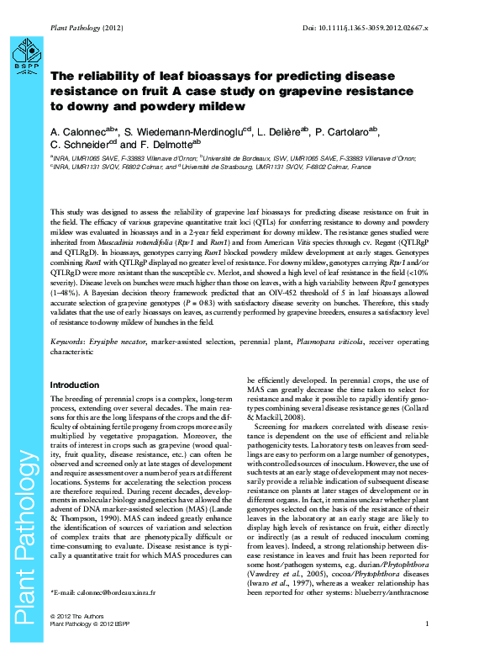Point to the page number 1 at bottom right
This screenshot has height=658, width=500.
pyautogui.click(x=427, y=646)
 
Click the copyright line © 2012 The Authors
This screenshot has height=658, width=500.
pyautogui.click(x=78, y=641)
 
